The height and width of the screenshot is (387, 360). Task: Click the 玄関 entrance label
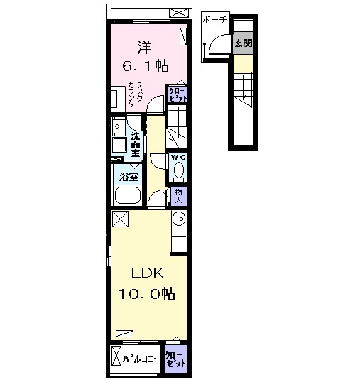point(244,43)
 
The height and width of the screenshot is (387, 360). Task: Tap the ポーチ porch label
point(214,20)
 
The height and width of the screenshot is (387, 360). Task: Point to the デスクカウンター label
point(136,95)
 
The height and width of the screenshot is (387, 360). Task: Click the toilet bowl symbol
point(178,170)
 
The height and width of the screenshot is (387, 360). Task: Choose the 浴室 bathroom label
point(128,176)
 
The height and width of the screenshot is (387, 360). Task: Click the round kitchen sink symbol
point(178,219)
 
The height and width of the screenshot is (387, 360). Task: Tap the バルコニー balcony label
point(138,358)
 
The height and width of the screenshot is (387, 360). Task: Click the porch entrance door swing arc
point(210,47)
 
